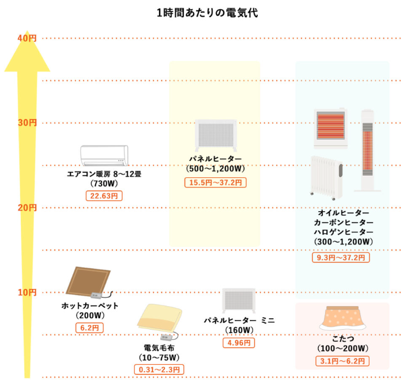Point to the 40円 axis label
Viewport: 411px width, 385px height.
tap(27, 38)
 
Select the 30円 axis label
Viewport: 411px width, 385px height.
tap(27, 123)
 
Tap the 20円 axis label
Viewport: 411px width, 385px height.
tap(27, 207)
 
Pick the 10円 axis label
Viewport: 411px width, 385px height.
tap(27, 292)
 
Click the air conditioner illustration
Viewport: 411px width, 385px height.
tap(104, 155)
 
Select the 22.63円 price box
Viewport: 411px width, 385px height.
tap(104, 196)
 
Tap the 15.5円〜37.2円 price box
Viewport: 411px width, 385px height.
tap(216, 182)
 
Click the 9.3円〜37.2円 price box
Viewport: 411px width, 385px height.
tap(341, 257)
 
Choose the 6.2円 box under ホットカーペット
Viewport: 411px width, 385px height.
tap(90, 327)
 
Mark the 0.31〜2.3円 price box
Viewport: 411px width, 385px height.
tap(159, 369)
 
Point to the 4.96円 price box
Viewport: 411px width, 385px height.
tap(238, 343)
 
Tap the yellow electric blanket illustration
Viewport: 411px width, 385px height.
tap(160, 321)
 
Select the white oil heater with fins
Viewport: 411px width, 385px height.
tap(327, 175)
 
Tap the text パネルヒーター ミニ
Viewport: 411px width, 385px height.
tap(238, 319)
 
